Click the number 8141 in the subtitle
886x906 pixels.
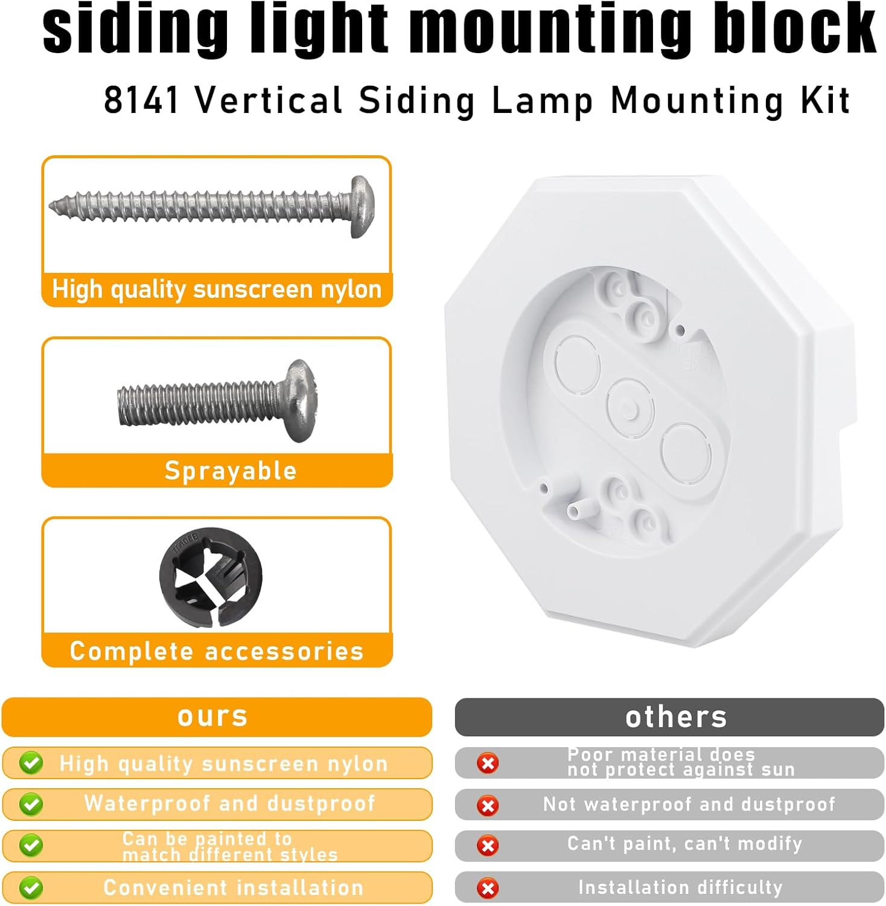[141, 100]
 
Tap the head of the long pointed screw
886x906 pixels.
[362, 207]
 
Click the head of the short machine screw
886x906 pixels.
[300, 400]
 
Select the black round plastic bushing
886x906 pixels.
[211, 577]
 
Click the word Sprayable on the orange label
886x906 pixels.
[231, 471]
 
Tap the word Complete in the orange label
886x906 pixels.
[131, 651]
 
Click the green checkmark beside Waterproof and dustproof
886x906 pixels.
[31, 804]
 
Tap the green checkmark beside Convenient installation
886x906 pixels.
[31, 888]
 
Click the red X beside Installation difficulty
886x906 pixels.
[488, 888]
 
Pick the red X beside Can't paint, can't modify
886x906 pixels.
[488, 845]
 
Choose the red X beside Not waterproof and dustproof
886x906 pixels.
[488, 805]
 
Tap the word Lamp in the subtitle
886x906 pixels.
[542, 100]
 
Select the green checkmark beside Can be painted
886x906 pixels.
[31, 846]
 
